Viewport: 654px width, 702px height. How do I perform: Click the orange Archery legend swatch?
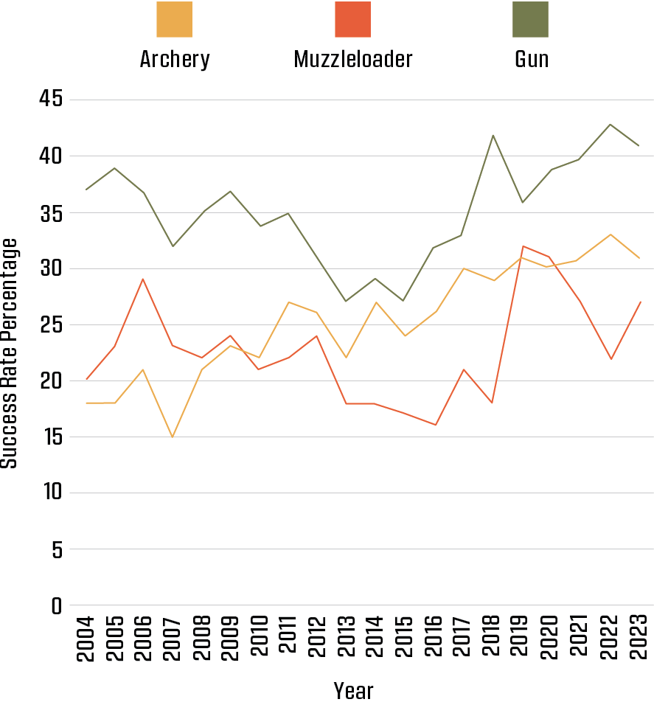tap(175, 19)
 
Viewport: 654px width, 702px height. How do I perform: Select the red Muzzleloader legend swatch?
tap(352, 19)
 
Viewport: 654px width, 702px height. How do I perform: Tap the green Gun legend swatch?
tap(531, 19)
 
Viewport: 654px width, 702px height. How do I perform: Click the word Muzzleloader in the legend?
tap(352, 59)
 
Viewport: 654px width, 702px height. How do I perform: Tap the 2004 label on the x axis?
tap(86, 639)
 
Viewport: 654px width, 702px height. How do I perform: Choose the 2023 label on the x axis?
tap(639, 639)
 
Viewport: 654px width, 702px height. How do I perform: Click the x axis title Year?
tap(353, 690)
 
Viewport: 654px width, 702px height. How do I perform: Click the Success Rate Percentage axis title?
tap(10, 352)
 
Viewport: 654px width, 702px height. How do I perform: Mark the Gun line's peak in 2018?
tap(493, 136)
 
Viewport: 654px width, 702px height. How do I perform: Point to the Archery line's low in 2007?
tap(173, 437)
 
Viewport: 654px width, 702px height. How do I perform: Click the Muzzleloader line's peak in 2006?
tap(143, 279)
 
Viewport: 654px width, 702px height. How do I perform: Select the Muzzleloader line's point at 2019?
tap(522, 246)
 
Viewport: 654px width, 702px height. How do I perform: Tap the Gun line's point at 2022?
tap(610, 124)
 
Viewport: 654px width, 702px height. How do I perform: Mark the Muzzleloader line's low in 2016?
tap(435, 425)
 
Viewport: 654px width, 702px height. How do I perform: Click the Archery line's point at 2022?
tap(610, 234)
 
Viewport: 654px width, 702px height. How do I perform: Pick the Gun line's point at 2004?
tap(86, 190)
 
